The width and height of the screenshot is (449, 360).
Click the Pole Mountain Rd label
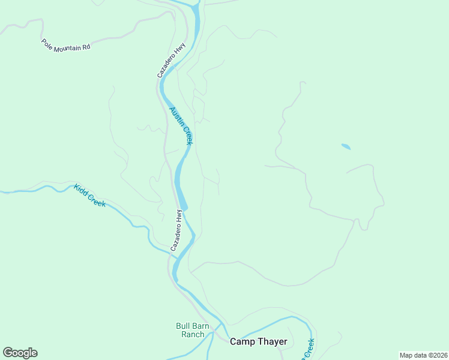65,45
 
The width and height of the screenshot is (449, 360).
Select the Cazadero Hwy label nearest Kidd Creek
176,230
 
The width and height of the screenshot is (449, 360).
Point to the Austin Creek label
181,125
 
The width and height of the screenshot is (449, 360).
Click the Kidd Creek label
90,196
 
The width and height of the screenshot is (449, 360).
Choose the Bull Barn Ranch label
193,330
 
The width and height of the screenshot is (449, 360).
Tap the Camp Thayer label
259,342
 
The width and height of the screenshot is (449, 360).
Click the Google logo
20,353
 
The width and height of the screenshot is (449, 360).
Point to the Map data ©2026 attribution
423,355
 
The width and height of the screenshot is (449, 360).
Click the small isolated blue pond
346,146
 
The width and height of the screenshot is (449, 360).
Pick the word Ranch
193,334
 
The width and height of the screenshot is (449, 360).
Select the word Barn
201,326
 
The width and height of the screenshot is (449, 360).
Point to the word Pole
47,42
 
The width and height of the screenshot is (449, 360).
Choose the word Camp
242,342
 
